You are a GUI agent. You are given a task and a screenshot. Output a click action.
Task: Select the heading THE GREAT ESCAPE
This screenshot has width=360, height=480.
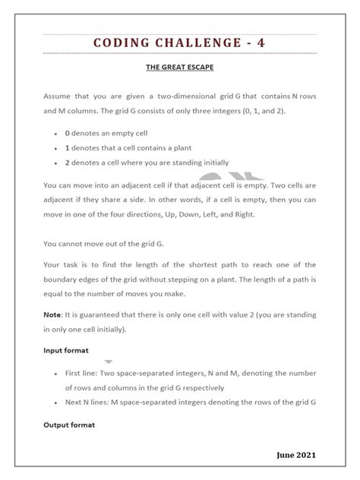tap(180, 68)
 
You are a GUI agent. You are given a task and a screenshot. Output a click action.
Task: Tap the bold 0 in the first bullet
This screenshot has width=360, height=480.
tap(68, 132)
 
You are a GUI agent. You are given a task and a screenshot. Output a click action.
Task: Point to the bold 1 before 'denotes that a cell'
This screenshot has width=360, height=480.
tap(68, 147)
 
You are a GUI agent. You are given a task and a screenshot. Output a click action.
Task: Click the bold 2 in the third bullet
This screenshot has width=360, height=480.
tap(68, 162)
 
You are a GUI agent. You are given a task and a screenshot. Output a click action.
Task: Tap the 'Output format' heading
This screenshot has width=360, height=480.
tap(69, 425)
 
